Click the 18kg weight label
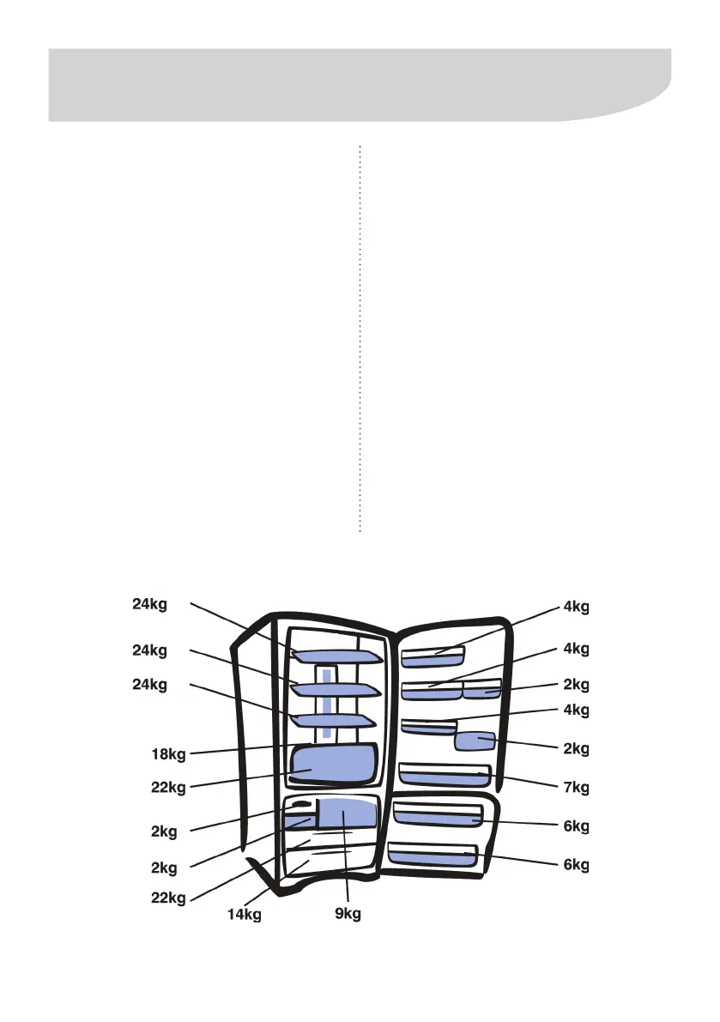click(x=168, y=755)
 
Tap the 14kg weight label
click(x=244, y=915)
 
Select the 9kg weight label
click(x=348, y=915)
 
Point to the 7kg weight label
click(x=576, y=786)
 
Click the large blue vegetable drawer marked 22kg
click(x=335, y=764)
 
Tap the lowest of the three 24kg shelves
click(x=335, y=719)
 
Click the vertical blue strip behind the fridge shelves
click(x=327, y=704)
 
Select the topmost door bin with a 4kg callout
click(x=433, y=658)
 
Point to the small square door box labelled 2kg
click(x=475, y=741)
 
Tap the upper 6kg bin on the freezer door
click(x=439, y=819)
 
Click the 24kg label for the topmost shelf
click(x=149, y=603)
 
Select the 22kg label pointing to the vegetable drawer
click(x=168, y=788)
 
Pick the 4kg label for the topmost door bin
click(x=576, y=608)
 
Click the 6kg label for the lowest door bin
click(x=576, y=865)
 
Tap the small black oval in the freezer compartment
click(x=299, y=806)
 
